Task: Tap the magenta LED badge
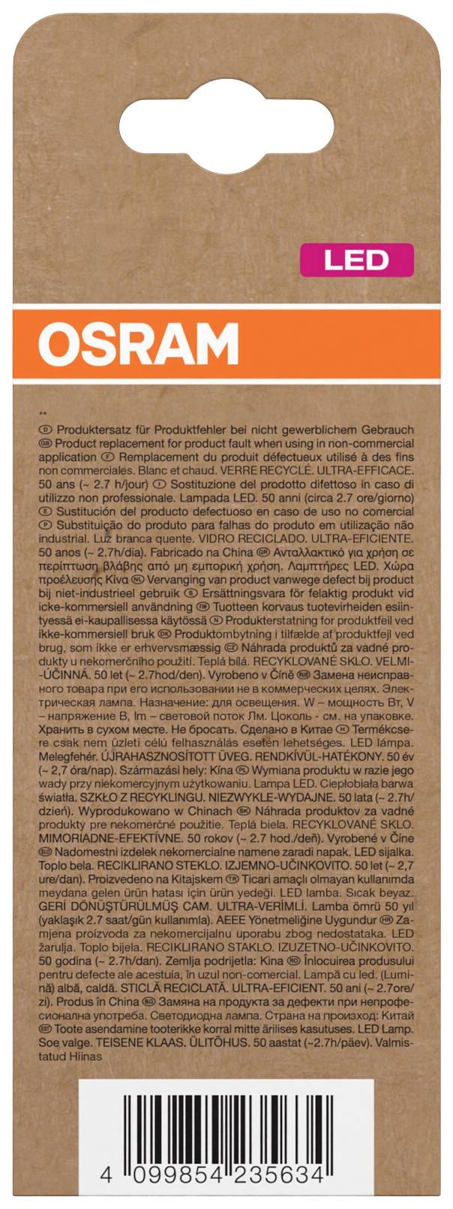356,260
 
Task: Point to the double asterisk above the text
41,415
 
